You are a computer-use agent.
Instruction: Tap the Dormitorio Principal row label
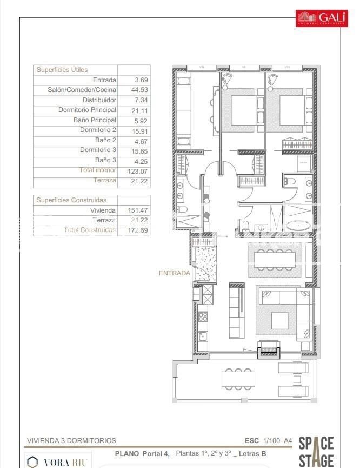[x=87, y=110]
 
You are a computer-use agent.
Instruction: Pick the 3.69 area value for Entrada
[x=141, y=80]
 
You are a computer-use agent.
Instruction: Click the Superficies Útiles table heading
[x=62, y=70]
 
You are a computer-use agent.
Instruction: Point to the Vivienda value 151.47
[x=139, y=210]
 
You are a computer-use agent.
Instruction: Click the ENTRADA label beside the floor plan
[x=174, y=273]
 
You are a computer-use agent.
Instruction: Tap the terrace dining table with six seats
[x=238, y=379]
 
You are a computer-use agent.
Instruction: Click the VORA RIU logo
[x=58, y=462]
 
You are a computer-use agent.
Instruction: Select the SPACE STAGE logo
[x=316, y=451]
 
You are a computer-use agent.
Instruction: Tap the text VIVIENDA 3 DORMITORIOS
[x=71, y=441]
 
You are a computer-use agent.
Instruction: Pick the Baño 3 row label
[x=105, y=160]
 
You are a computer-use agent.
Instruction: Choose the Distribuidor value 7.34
[x=141, y=100]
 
